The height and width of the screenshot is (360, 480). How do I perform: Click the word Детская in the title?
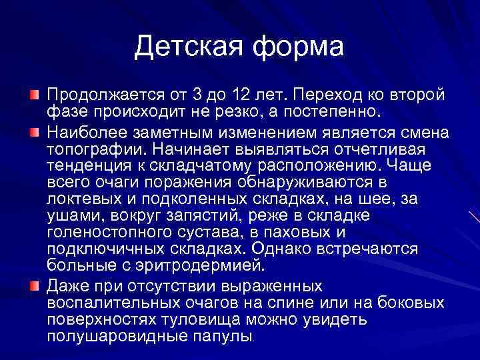(187, 47)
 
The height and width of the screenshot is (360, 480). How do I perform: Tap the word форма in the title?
(296, 47)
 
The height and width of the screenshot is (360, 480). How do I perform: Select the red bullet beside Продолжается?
(34, 91)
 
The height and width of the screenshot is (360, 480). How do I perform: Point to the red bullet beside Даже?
(34, 286)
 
